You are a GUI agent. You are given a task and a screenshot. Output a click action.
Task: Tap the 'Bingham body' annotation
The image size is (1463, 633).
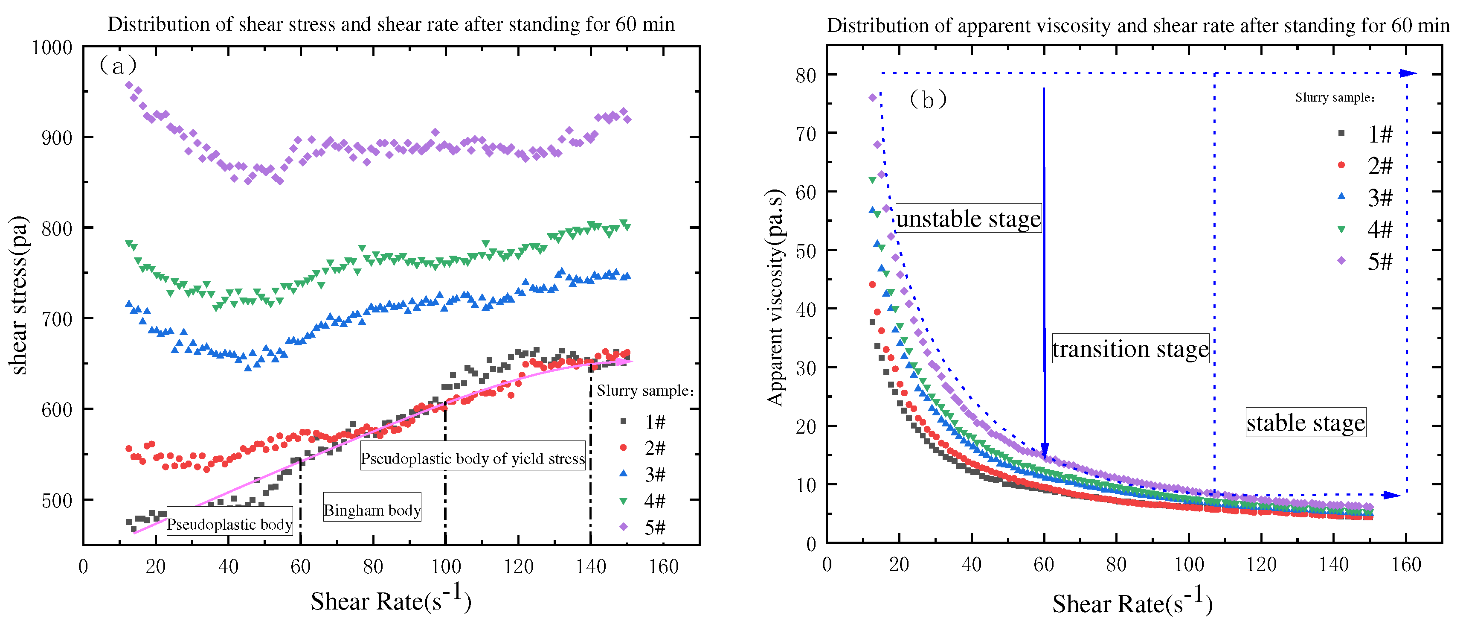[372, 509]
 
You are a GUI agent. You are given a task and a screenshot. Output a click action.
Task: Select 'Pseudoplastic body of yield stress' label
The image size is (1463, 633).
[473, 458]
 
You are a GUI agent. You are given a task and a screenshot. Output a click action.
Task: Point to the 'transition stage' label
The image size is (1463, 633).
[1130, 348]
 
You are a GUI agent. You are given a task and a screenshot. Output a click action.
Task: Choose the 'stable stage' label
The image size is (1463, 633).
[1306, 423]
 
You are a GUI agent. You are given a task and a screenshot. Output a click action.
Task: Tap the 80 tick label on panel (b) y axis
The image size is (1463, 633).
[805, 75]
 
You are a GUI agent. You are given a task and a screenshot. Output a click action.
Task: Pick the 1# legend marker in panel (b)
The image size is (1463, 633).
[1341, 134]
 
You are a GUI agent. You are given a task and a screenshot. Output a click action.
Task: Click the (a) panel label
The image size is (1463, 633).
[118, 66]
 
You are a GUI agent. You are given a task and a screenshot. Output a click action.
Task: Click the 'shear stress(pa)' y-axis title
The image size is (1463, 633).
[19, 295]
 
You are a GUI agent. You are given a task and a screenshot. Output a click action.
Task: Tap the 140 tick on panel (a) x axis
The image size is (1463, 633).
[591, 566]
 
